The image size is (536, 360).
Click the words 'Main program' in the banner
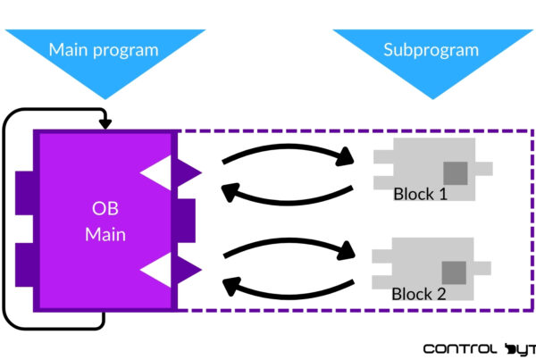click(x=104, y=49)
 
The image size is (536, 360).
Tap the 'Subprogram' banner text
click(x=431, y=49)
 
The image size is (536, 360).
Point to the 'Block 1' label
click(x=420, y=194)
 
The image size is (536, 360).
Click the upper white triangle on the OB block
click(x=157, y=171)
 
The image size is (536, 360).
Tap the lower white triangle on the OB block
click(x=157, y=269)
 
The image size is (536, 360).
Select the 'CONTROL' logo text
click(x=460, y=347)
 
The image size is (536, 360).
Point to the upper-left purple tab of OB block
click(x=24, y=188)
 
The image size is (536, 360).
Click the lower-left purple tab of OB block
click(x=24, y=265)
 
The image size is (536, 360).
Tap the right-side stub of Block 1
click(x=484, y=167)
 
